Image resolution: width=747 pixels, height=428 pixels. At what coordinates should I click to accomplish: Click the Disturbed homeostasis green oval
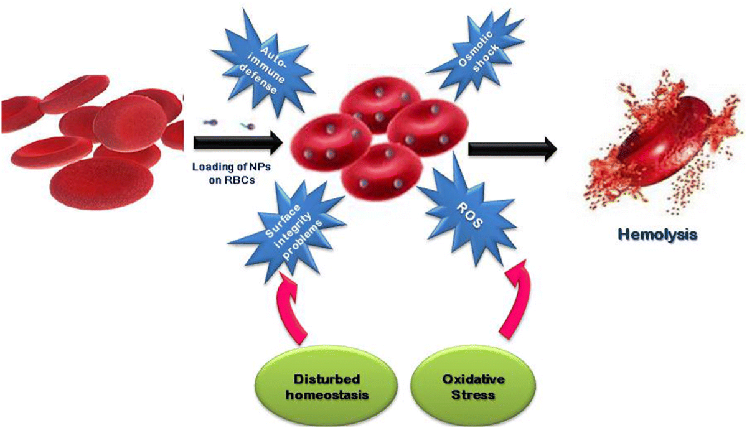click(x=326, y=387)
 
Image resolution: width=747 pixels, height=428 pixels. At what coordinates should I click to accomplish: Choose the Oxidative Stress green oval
click(x=473, y=387)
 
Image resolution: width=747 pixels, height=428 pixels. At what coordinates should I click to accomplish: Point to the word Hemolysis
click(x=657, y=235)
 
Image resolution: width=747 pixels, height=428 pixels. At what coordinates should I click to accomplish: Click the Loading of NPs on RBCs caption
click(x=232, y=174)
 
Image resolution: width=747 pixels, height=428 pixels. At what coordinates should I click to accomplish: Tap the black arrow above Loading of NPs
click(x=238, y=142)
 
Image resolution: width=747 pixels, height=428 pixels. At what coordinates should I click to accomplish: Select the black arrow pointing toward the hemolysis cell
click(x=512, y=149)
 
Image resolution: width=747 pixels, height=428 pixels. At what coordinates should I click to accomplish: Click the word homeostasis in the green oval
click(x=327, y=395)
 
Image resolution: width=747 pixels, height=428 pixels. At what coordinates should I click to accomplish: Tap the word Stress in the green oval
click(x=473, y=395)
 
